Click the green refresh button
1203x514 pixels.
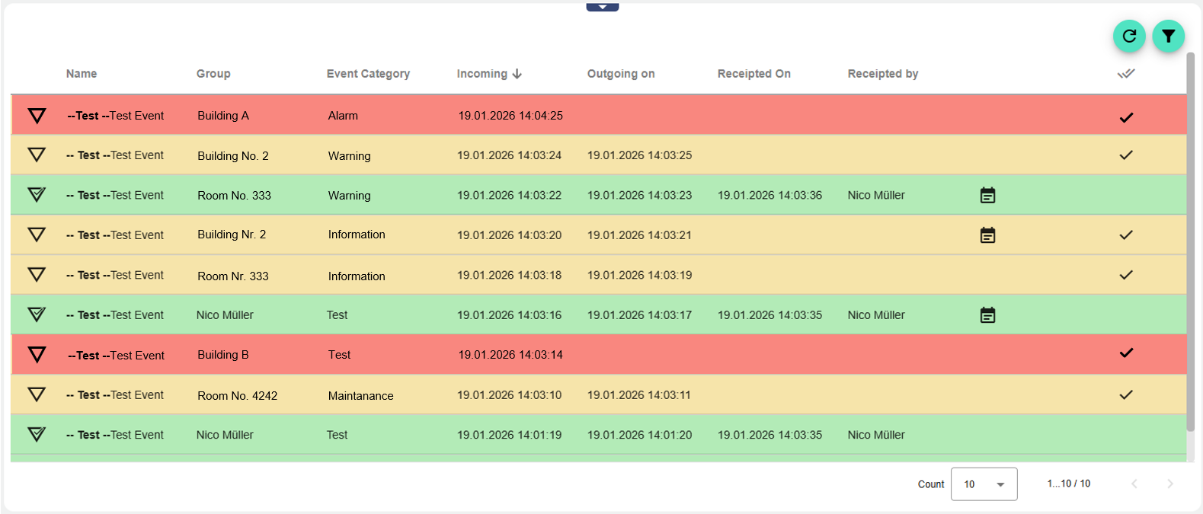1129,36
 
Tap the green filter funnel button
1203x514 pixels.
1168,36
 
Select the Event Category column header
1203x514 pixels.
368,74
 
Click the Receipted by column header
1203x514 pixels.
882,74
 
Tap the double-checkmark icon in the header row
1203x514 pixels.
1125,74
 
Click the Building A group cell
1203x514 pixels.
223,116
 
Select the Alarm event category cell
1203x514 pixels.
343,116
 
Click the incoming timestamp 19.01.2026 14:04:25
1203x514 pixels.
510,116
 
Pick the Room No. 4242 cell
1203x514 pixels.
237,396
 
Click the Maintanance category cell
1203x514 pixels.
360,396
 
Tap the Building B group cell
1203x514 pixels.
223,355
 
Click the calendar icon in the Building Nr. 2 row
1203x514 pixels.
987,235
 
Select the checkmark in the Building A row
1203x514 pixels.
1126,117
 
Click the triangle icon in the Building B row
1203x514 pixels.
37,355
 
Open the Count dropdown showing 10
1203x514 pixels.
984,484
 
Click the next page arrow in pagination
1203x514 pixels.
1169,484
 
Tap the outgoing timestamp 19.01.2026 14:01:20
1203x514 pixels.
639,435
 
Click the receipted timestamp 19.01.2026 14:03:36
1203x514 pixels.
769,196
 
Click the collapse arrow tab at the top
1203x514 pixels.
602,7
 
